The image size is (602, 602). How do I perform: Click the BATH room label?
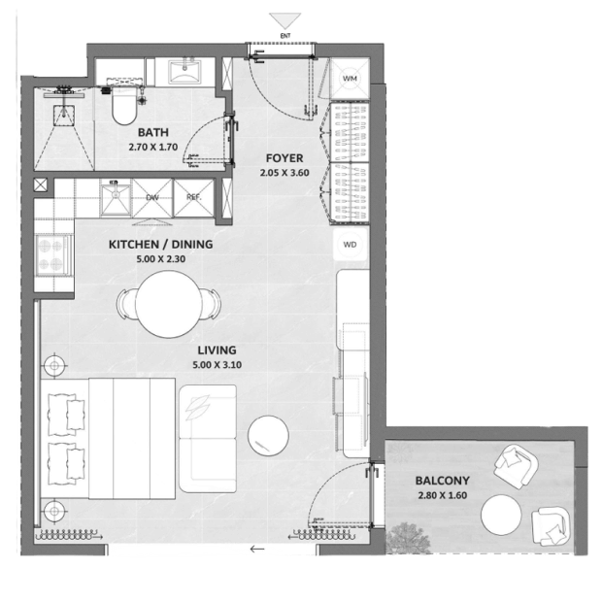click(x=153, y=132)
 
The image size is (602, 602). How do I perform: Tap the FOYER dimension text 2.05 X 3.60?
click(x=284, y=173)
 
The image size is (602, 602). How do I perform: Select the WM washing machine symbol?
click(x=350, y=79)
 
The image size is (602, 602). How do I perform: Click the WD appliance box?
click(x=350, y=245)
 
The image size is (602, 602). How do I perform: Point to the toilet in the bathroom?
click(x=124, y=105)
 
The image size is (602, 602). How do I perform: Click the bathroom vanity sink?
click(x=184, y=71)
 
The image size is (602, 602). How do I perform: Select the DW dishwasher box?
click(x=152, y=198)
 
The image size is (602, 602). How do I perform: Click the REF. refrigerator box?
click(x=193, y=198)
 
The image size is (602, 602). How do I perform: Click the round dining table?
click(x=169, y=304)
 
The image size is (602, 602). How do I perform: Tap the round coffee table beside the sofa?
click(x=268, y=435)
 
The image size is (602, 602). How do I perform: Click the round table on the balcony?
click(x=501, y=515)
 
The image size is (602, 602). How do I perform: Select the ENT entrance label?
click(x=285, y=36)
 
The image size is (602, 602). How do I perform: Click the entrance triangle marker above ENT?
click(x=284, y=20)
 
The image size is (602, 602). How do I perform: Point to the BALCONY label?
click(x=443, y=481)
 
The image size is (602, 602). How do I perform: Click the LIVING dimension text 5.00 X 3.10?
click(x=217, y=365)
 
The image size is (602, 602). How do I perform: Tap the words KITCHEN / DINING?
click(x=160, y=245)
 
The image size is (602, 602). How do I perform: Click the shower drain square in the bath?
click(x=63, y=115)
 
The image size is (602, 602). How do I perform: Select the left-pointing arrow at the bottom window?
click(x=257, y=549)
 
